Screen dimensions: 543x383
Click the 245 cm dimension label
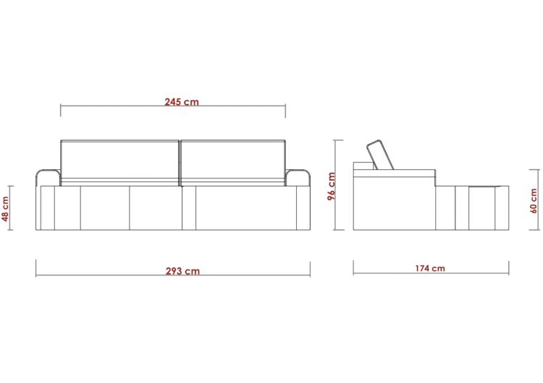(182, 102)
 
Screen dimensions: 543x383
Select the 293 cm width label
(182, 271)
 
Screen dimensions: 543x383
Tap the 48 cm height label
(5, 208)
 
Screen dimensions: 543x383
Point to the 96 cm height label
(332, 186)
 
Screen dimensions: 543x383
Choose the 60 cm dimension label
(534, 200)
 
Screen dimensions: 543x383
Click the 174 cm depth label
(430, 268)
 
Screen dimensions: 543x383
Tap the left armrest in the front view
(48, 178)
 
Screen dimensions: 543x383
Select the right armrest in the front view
(298, 178)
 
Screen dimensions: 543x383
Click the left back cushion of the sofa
(119, 163)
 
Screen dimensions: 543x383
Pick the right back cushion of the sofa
(233, 163)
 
